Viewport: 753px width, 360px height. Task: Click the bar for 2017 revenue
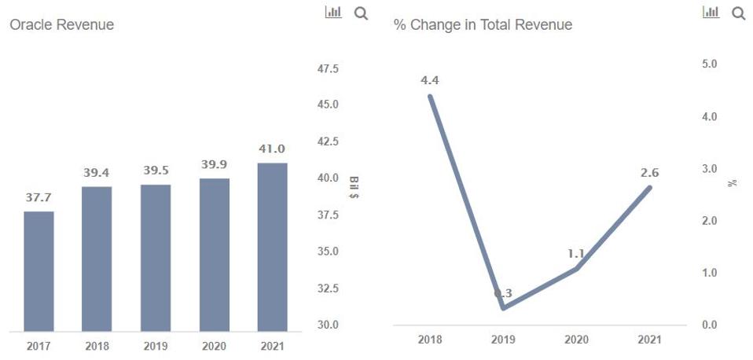tap(39, 271)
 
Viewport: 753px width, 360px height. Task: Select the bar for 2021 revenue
tap(272, 247)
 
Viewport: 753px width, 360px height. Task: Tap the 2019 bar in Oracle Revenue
tap(156, 258)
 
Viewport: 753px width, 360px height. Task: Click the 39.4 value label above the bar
tap(97, 172)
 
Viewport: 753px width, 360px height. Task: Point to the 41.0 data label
tap(272, 149)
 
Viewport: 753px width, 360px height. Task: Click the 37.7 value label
tap(39, 197)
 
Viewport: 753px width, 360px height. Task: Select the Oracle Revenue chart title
tap(61, 25)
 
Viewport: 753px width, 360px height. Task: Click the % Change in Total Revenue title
tap(483, 25)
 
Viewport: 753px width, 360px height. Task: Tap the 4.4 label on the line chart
tap(430, 80)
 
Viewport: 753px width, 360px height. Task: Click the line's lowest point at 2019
tap(503, 307)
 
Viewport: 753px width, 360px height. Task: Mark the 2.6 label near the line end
tap(650, 171)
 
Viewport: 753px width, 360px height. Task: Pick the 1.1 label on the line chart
tap(576, 254)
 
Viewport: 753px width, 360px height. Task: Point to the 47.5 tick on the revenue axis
tap(328, 69)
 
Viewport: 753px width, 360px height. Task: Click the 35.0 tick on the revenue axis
tap(328, 252)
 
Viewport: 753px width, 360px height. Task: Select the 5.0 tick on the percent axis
tap(709, 64)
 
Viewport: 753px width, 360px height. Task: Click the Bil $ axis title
tap(353, 187)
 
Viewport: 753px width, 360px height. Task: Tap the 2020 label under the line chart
tap(576, 340)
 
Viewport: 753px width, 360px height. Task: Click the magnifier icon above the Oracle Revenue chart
tap(361, 13)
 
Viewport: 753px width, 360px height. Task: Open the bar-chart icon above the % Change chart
tap(711, 13)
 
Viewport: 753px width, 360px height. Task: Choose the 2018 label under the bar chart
tap(97, 346)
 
